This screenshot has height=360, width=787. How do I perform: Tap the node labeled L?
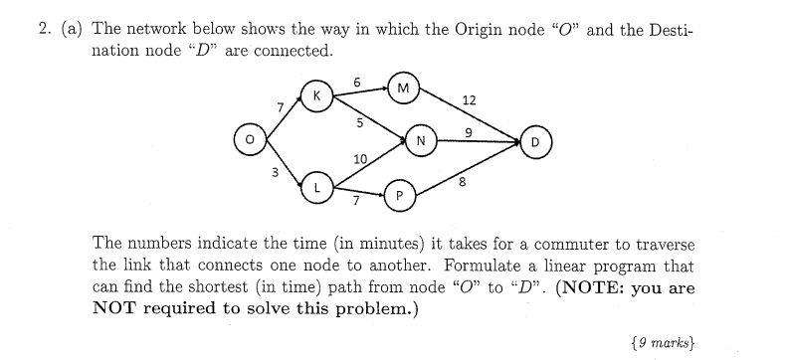pyautogui.click(x=316, y=186)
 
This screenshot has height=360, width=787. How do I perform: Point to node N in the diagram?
pyautogui.click(x=421, y=140)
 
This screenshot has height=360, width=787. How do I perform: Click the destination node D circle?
pyautogui.click(x=536, y=141)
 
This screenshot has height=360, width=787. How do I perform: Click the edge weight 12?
pyautogui.click(x=470, y=99)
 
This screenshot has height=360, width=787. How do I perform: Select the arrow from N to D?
pyautogui.click(x=478, y=141)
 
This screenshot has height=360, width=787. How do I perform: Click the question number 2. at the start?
pyautogui.click(x=45, y=30)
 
